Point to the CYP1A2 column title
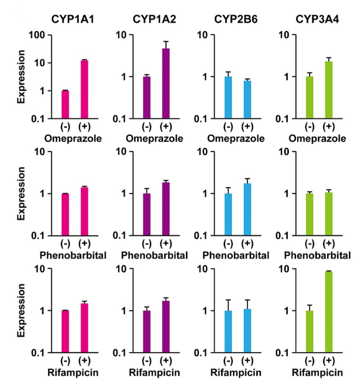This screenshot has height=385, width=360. click(155, 19)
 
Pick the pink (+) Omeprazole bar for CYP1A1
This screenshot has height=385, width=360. click(84, 89)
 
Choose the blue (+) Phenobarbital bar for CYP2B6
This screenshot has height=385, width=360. click(247, 209)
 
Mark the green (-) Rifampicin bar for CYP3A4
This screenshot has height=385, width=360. click(309, 331)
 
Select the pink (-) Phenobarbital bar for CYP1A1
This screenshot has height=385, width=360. click(65, 214)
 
